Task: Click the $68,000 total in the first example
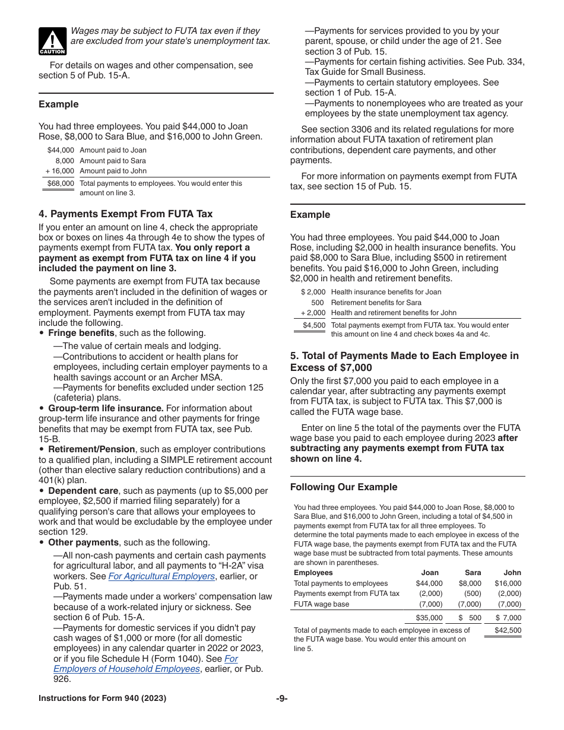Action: pyautogui.click(x=61, y=183)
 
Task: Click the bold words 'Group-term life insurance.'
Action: pyautogui.click(x=106, y=408)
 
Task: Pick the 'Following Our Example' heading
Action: pyautogui.click(x=344, y=487)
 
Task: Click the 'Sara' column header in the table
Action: pyautogui.click(x=473, y=573)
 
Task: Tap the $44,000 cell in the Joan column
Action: pyautogui.click(x=429, y=583)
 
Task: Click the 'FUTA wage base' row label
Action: pyautogui.click(x=321, y=604)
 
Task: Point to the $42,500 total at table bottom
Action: pyautogui.click(x=508, y=630)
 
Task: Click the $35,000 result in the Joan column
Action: pyautogui.click(x=429, y=618)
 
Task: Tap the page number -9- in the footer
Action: pyautogui.click(x=281, y=699)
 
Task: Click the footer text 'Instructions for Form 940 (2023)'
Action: pyautogui.click(x=102, y=699)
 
